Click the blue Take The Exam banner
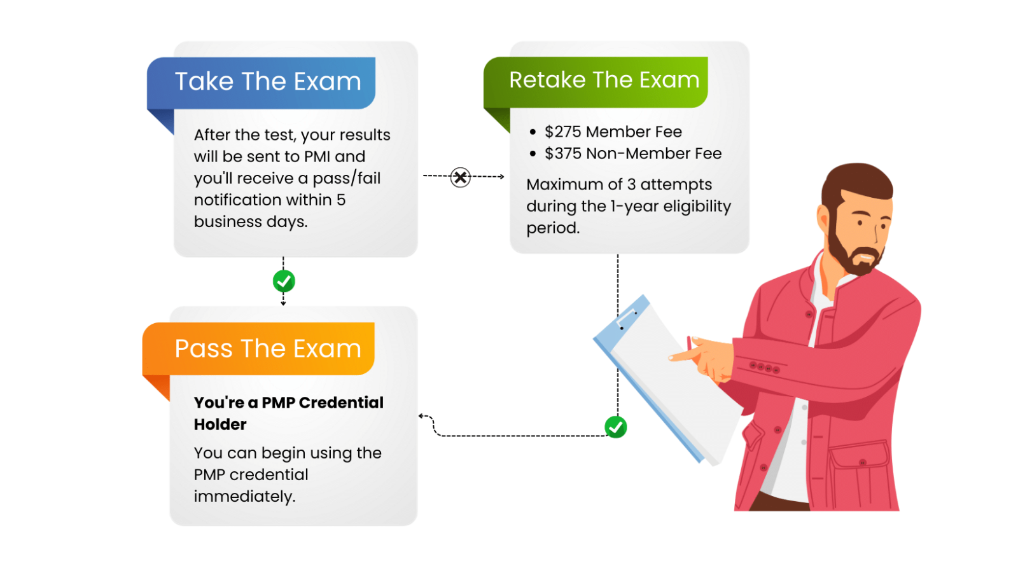[x=267, y=82]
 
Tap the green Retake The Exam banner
[x=603, y=81]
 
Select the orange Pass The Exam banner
[x=267, y=349]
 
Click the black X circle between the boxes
[x=460, y=177]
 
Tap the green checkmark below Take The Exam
[x=284, y=280]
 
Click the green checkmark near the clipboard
[x=615, y=427]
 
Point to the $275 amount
[x=563, y=132]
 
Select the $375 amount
[x=563, y=154]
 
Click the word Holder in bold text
[x=220, y=425]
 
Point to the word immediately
[x=244, y=497]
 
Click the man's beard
[x=846, y=254]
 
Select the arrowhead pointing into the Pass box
[x=421, y=416]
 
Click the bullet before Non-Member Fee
[x=533, y=154]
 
